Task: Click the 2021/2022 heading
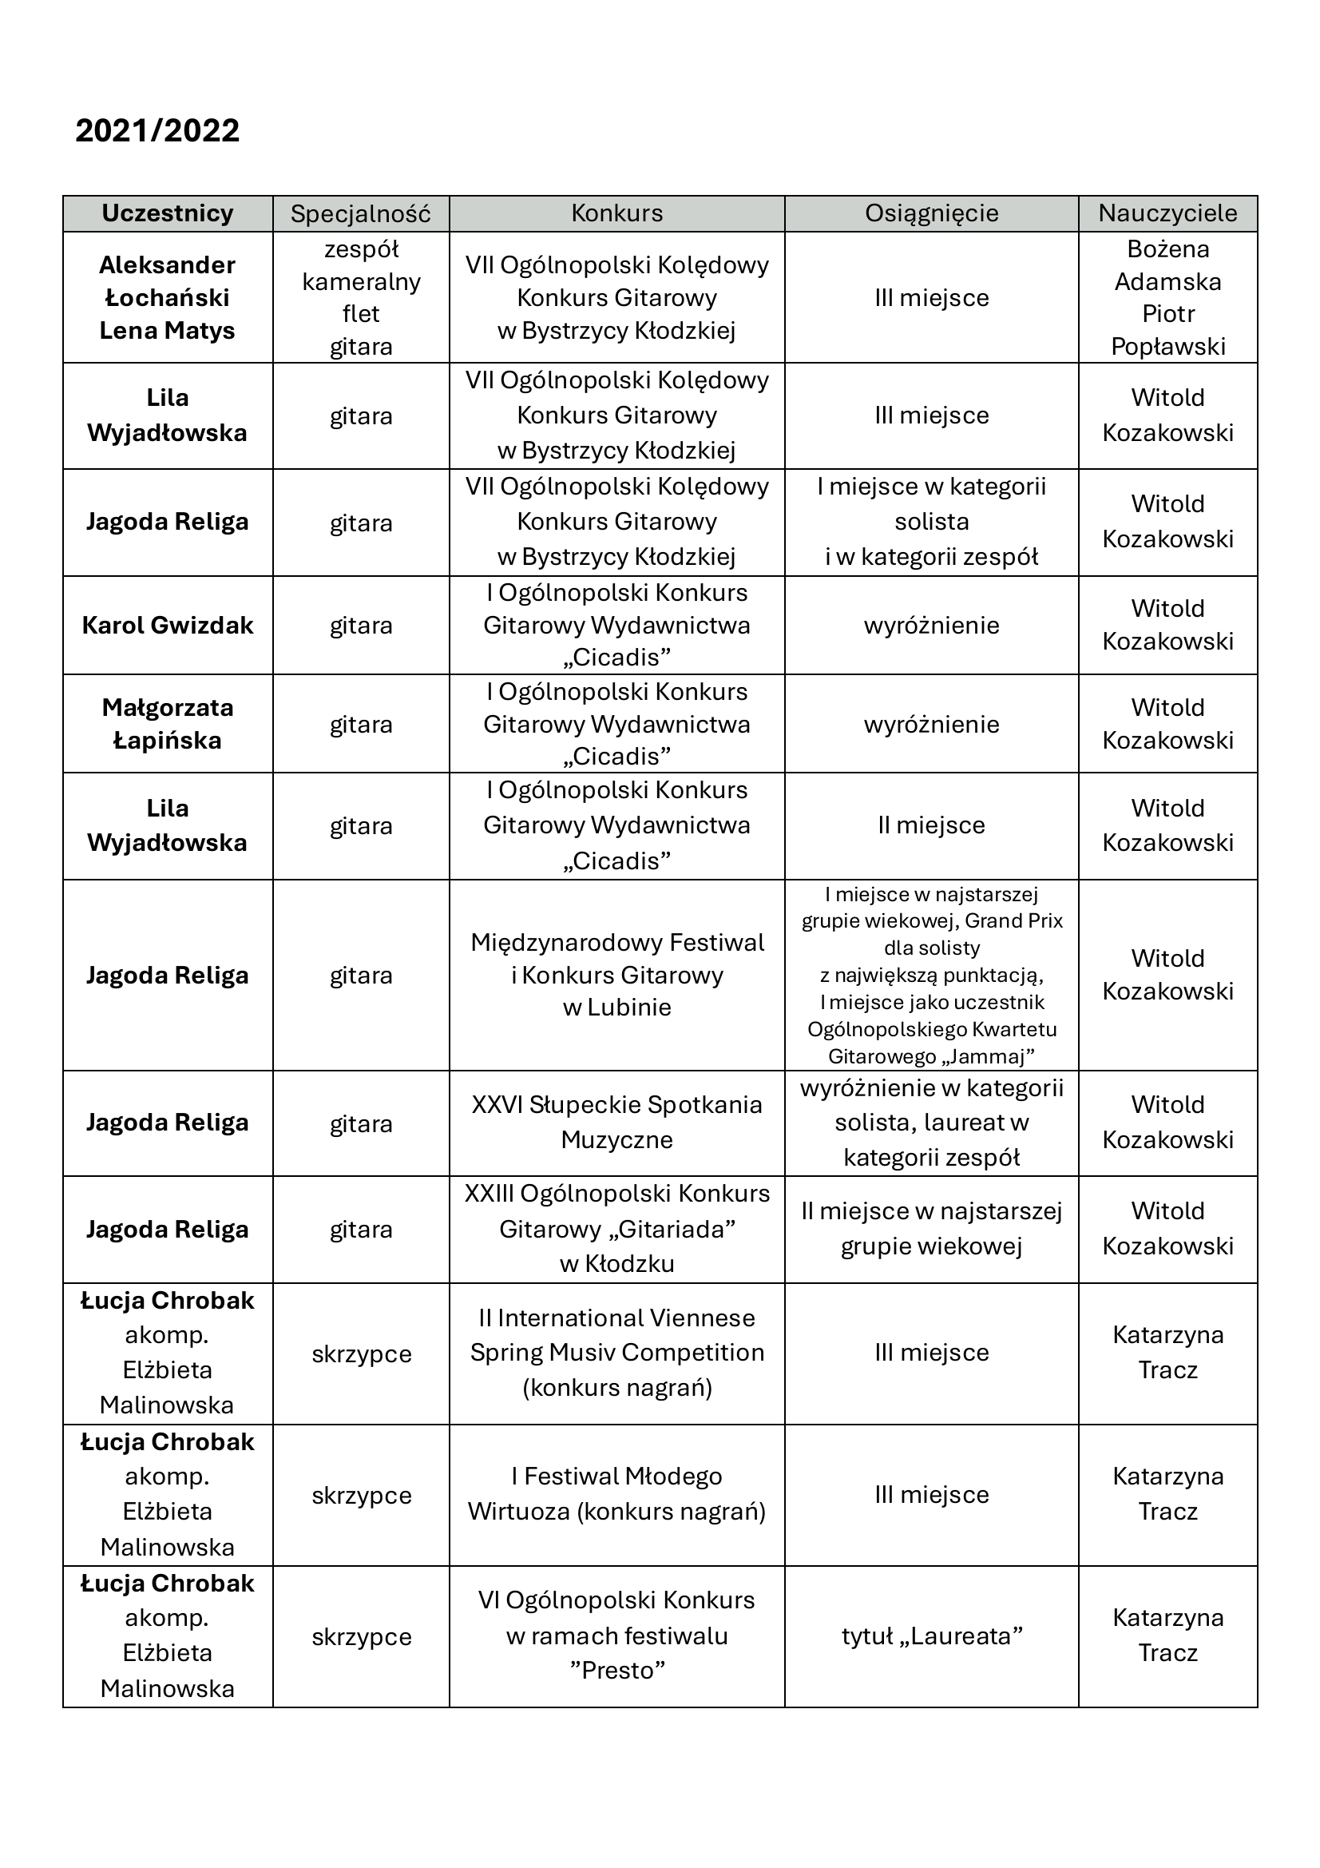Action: tap(157, 131)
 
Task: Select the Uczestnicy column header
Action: tap(168, 213)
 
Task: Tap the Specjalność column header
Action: tap(360, 214)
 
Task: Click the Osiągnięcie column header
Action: tap(931, 213)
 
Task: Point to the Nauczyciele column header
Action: tap(1167, 213)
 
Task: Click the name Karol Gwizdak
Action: tap(168, 625)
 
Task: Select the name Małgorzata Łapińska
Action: tap(168, 723)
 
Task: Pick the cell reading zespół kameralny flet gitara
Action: tap(361, 298)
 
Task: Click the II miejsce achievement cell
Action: tap(931, 825)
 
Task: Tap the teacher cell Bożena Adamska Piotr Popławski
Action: tap(1167, 298)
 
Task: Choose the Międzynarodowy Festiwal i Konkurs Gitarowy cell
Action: tap(616, 975)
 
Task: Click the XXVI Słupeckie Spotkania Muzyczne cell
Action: tap(616, 1122)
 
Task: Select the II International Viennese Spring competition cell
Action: tap(616, 1352)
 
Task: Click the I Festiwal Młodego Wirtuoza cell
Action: tap(616, 1494)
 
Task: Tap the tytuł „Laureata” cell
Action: tap(931, 1636)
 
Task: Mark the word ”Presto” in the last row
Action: tap(616, 1671)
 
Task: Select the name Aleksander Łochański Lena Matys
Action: tap(168, 298)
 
